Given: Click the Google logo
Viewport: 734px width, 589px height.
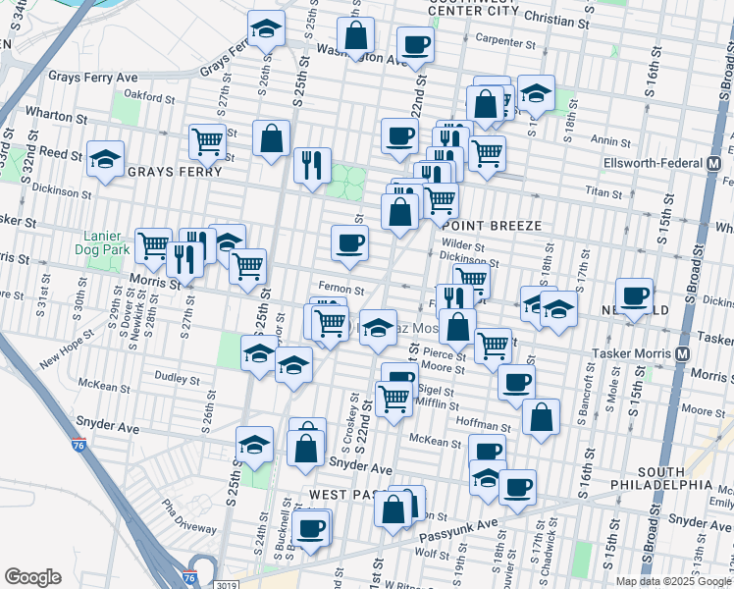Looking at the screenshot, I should pos(32,576).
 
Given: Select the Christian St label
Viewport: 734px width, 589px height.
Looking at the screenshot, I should pos(561,19).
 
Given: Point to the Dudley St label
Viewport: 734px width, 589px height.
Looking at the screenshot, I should pos(176,377).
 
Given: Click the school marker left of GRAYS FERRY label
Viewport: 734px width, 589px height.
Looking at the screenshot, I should pos(105,160).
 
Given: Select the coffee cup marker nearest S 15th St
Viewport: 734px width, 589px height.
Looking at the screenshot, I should pos(634,294).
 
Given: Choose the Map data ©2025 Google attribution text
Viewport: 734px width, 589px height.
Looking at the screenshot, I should pos(673,580).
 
